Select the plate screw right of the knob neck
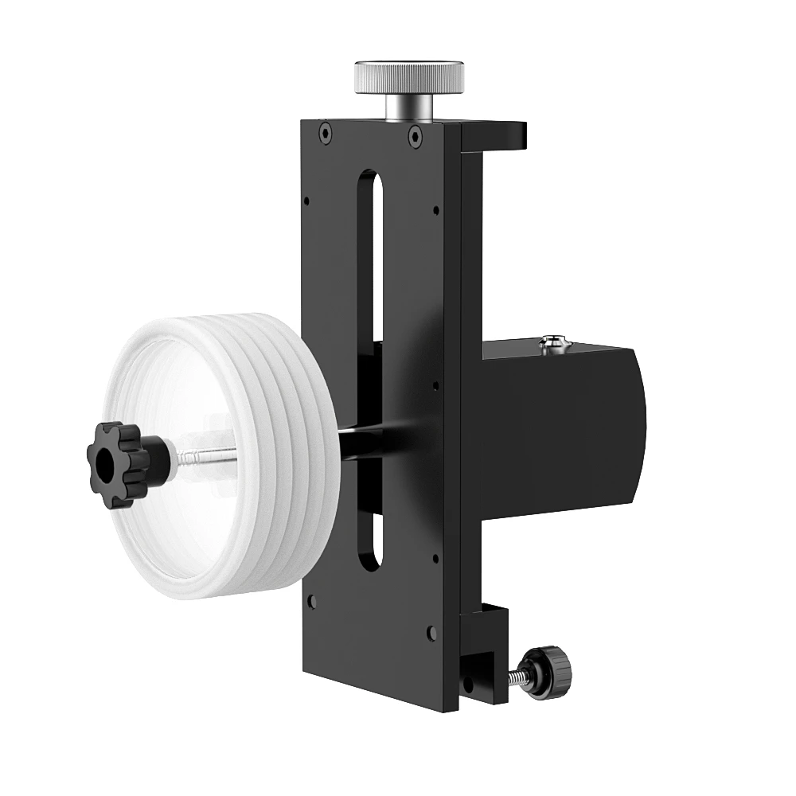(414, 136)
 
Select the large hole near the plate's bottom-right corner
(431, 633)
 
